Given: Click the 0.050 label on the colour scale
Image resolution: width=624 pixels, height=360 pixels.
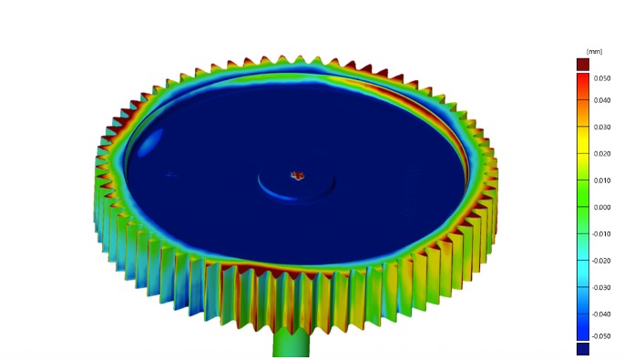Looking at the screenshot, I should (x=602, y=78).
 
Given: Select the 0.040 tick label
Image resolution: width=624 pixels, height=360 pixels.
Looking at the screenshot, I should (x=602, y=100).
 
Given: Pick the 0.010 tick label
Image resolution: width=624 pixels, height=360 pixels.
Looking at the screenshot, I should (x=602, y=180).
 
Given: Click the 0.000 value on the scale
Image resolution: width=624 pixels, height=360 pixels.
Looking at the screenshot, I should (x=602, y=207).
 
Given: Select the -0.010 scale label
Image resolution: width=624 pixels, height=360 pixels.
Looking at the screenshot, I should (x=601, y=234).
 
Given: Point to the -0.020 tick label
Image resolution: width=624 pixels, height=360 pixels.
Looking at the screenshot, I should (x=601, y=261).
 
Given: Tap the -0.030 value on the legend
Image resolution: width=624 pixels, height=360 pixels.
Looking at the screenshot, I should (x=601, y=287).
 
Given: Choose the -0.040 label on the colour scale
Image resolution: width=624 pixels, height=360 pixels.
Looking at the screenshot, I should (x=601, y=314).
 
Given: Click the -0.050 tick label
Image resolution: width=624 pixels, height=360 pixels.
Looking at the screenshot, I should (x=601, y=335).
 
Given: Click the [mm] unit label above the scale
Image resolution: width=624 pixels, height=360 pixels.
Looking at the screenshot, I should (x=593, y=51).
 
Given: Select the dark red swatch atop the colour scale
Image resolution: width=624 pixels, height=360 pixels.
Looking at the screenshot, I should (x=582, y=64).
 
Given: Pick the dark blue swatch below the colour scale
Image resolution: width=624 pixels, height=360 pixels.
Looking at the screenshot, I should (x=582, y=348).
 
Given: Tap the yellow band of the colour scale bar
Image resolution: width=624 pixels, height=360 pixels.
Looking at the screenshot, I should (x=582, y=146).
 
